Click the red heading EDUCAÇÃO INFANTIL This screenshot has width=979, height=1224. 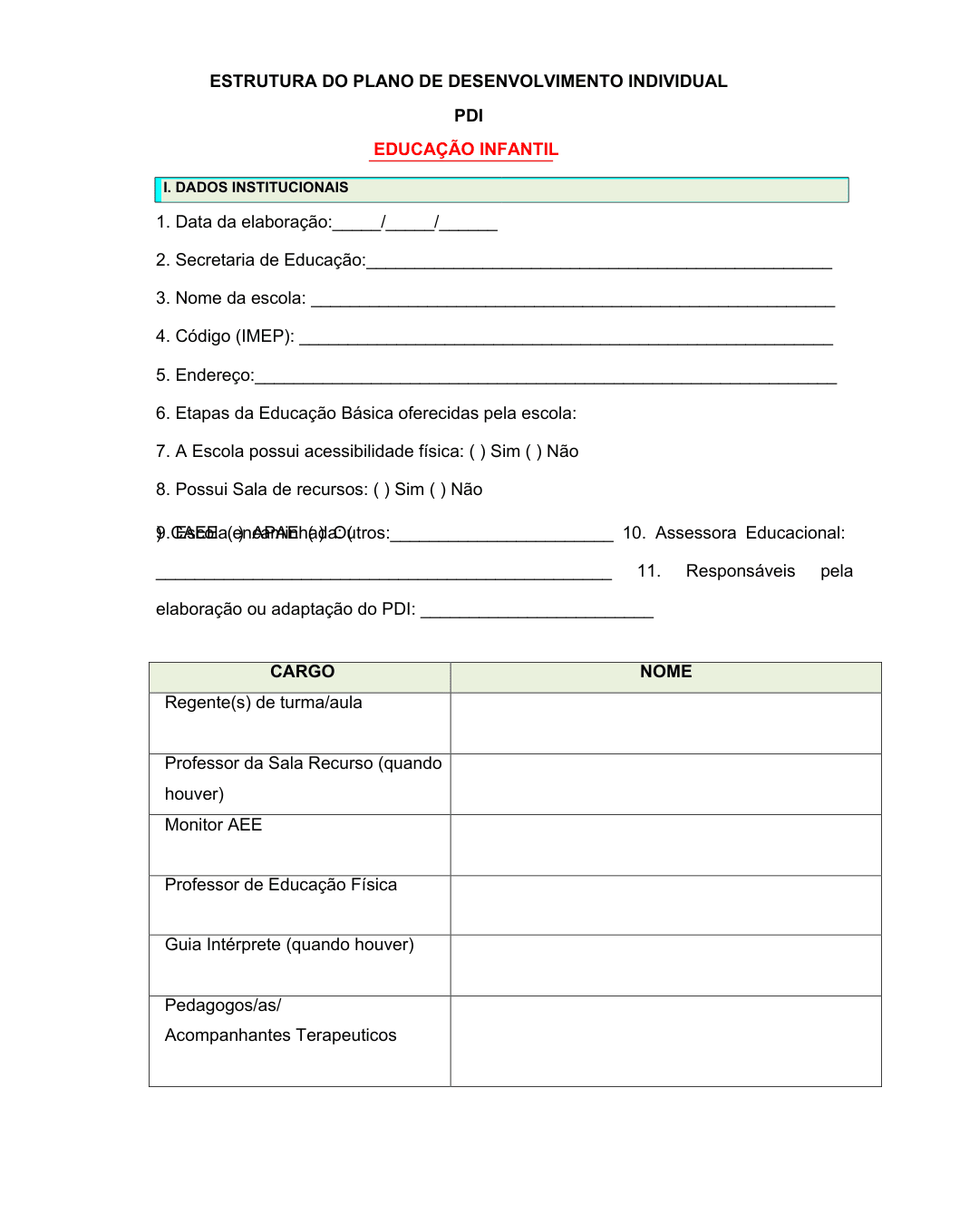click(465, 150)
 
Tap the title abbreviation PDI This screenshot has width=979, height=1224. click(469, 116)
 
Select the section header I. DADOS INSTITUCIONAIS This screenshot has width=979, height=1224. click(256, 188)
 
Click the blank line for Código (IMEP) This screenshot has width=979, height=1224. click(566, 341)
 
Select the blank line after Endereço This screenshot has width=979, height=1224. click(545, 380)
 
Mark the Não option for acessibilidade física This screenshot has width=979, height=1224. click(532, 452)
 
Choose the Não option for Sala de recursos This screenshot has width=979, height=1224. click(437, 490)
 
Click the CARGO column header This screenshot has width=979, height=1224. click(302, 672)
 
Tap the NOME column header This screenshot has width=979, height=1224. click(665, 672)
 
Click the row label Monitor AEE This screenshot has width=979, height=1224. click(213, 825)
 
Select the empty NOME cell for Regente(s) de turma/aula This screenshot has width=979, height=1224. click(665, 724)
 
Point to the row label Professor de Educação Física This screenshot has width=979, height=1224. click(281, 885)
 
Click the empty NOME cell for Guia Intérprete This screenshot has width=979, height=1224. click(665, 966)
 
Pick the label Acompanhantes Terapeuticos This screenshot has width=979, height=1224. click(281, 1035)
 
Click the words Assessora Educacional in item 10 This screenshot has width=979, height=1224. click(750, 533)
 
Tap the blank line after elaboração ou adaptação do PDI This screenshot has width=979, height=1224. click(537, 613)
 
